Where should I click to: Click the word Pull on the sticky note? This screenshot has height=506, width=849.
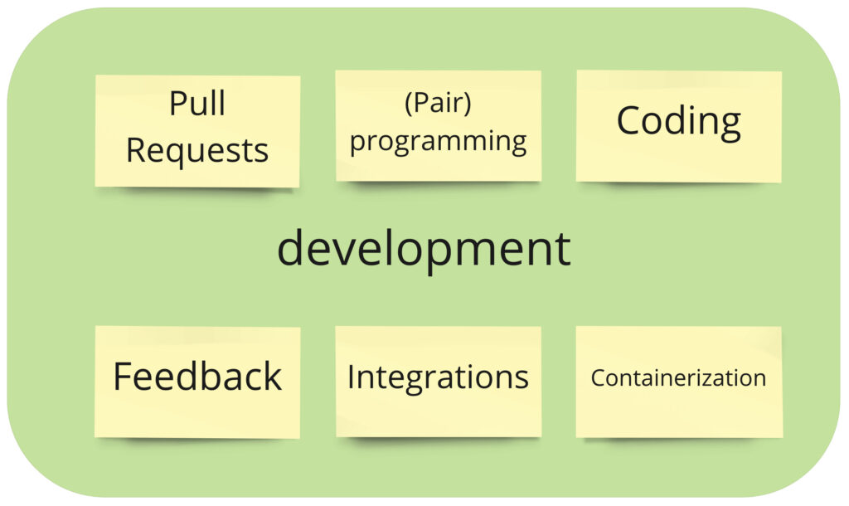click(x=197, y=105)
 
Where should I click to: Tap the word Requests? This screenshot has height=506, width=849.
click(x=197, y=151)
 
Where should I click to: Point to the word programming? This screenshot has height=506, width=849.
click(x=438, y=141)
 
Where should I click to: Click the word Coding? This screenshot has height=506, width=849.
click(x=678, y=122)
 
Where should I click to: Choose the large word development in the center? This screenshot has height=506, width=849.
click(x=424, y=248)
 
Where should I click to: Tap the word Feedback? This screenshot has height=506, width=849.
click(x=197, y=377)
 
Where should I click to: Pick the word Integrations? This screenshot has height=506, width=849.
click(x=438, y=377)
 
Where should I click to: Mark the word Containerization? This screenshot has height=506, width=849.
click(x=678, y=378)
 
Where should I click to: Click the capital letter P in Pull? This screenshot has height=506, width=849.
click(x=177, y=105)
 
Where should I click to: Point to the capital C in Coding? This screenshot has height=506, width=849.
click(x=628, y=121)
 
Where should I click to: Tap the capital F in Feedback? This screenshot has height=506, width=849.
click(x=122, y=377)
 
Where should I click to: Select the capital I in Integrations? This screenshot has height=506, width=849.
click(x=351, y=377)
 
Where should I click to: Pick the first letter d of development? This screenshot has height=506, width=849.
click(x=291, y=248)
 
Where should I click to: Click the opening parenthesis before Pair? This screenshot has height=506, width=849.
click(x=408, y=105)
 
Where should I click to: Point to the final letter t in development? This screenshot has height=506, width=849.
click(x=563, y=249)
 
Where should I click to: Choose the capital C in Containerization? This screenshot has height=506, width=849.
click(x=597, y=378)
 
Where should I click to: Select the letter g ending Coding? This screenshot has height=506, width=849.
click(x=729, y=124)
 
